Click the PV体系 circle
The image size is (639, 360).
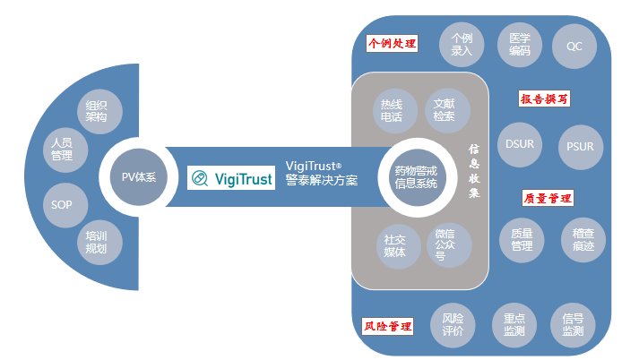(x=139, y=176)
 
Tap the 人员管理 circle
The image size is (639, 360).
(x=62, y=148)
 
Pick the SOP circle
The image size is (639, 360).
(x=62, y=204)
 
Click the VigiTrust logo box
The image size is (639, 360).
(x=232, y=177)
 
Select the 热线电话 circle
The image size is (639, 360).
(x=392, y=109)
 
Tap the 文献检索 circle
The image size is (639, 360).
(x=444, y=109)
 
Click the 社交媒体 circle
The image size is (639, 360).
(x=395, y=245)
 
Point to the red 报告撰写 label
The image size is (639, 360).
(x=545, y=99)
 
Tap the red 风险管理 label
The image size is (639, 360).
(x=388, y=327)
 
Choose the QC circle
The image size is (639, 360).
(x=574, y=45)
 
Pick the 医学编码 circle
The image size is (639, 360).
(x=519, y=45)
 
